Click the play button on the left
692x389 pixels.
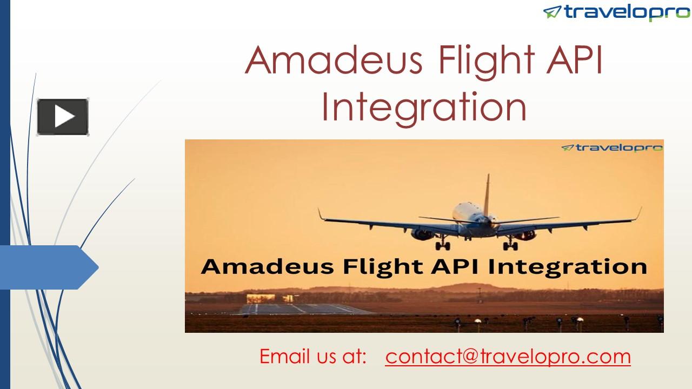click(x=63, y=117)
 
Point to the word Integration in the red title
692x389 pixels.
click(x=423, y=106)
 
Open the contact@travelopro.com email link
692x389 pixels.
click(x=508, y=357)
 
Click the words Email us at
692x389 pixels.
click(x=313, y=357)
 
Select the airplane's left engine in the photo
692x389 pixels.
click(x=422, y=234)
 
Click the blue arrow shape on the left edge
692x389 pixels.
click(x=49, y=267)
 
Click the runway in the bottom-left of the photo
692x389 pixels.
click(x=303, y=308)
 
